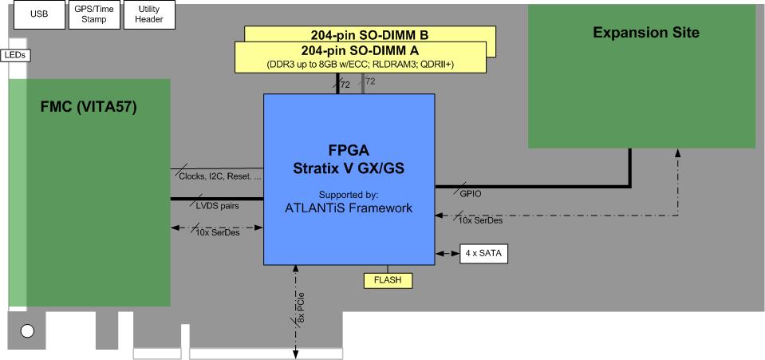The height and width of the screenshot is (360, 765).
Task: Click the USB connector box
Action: [x=37, y=14]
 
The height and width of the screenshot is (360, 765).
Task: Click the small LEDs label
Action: [x=15, y=55]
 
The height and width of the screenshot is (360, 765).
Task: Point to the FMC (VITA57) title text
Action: [x=89, y=107]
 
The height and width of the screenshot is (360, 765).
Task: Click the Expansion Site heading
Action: [x=646, y=33]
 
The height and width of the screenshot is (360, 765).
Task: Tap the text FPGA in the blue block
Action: [x=349, y=150]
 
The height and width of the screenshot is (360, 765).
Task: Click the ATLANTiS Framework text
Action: [x=349, y=208]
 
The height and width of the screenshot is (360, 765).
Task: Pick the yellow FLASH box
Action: [x=388, y=280]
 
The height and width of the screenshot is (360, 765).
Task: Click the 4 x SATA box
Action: [x=483, y=255]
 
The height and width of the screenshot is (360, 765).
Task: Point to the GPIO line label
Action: [x=471, y=193]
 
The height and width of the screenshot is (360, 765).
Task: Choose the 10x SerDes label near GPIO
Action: [x=480, y=220]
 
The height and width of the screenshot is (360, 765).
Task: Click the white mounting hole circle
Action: [x=28, y=330]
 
